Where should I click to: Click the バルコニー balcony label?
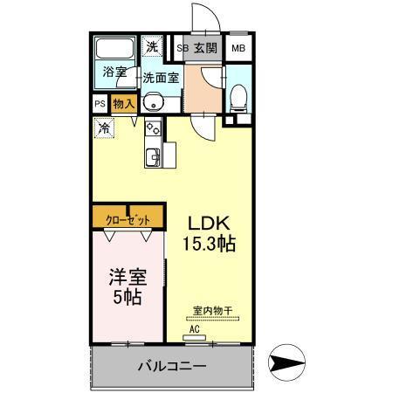(170, 366)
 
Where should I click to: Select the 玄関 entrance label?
(206, 47)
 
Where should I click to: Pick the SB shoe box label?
(183, 47)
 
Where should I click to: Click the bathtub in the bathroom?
(113, 49)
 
